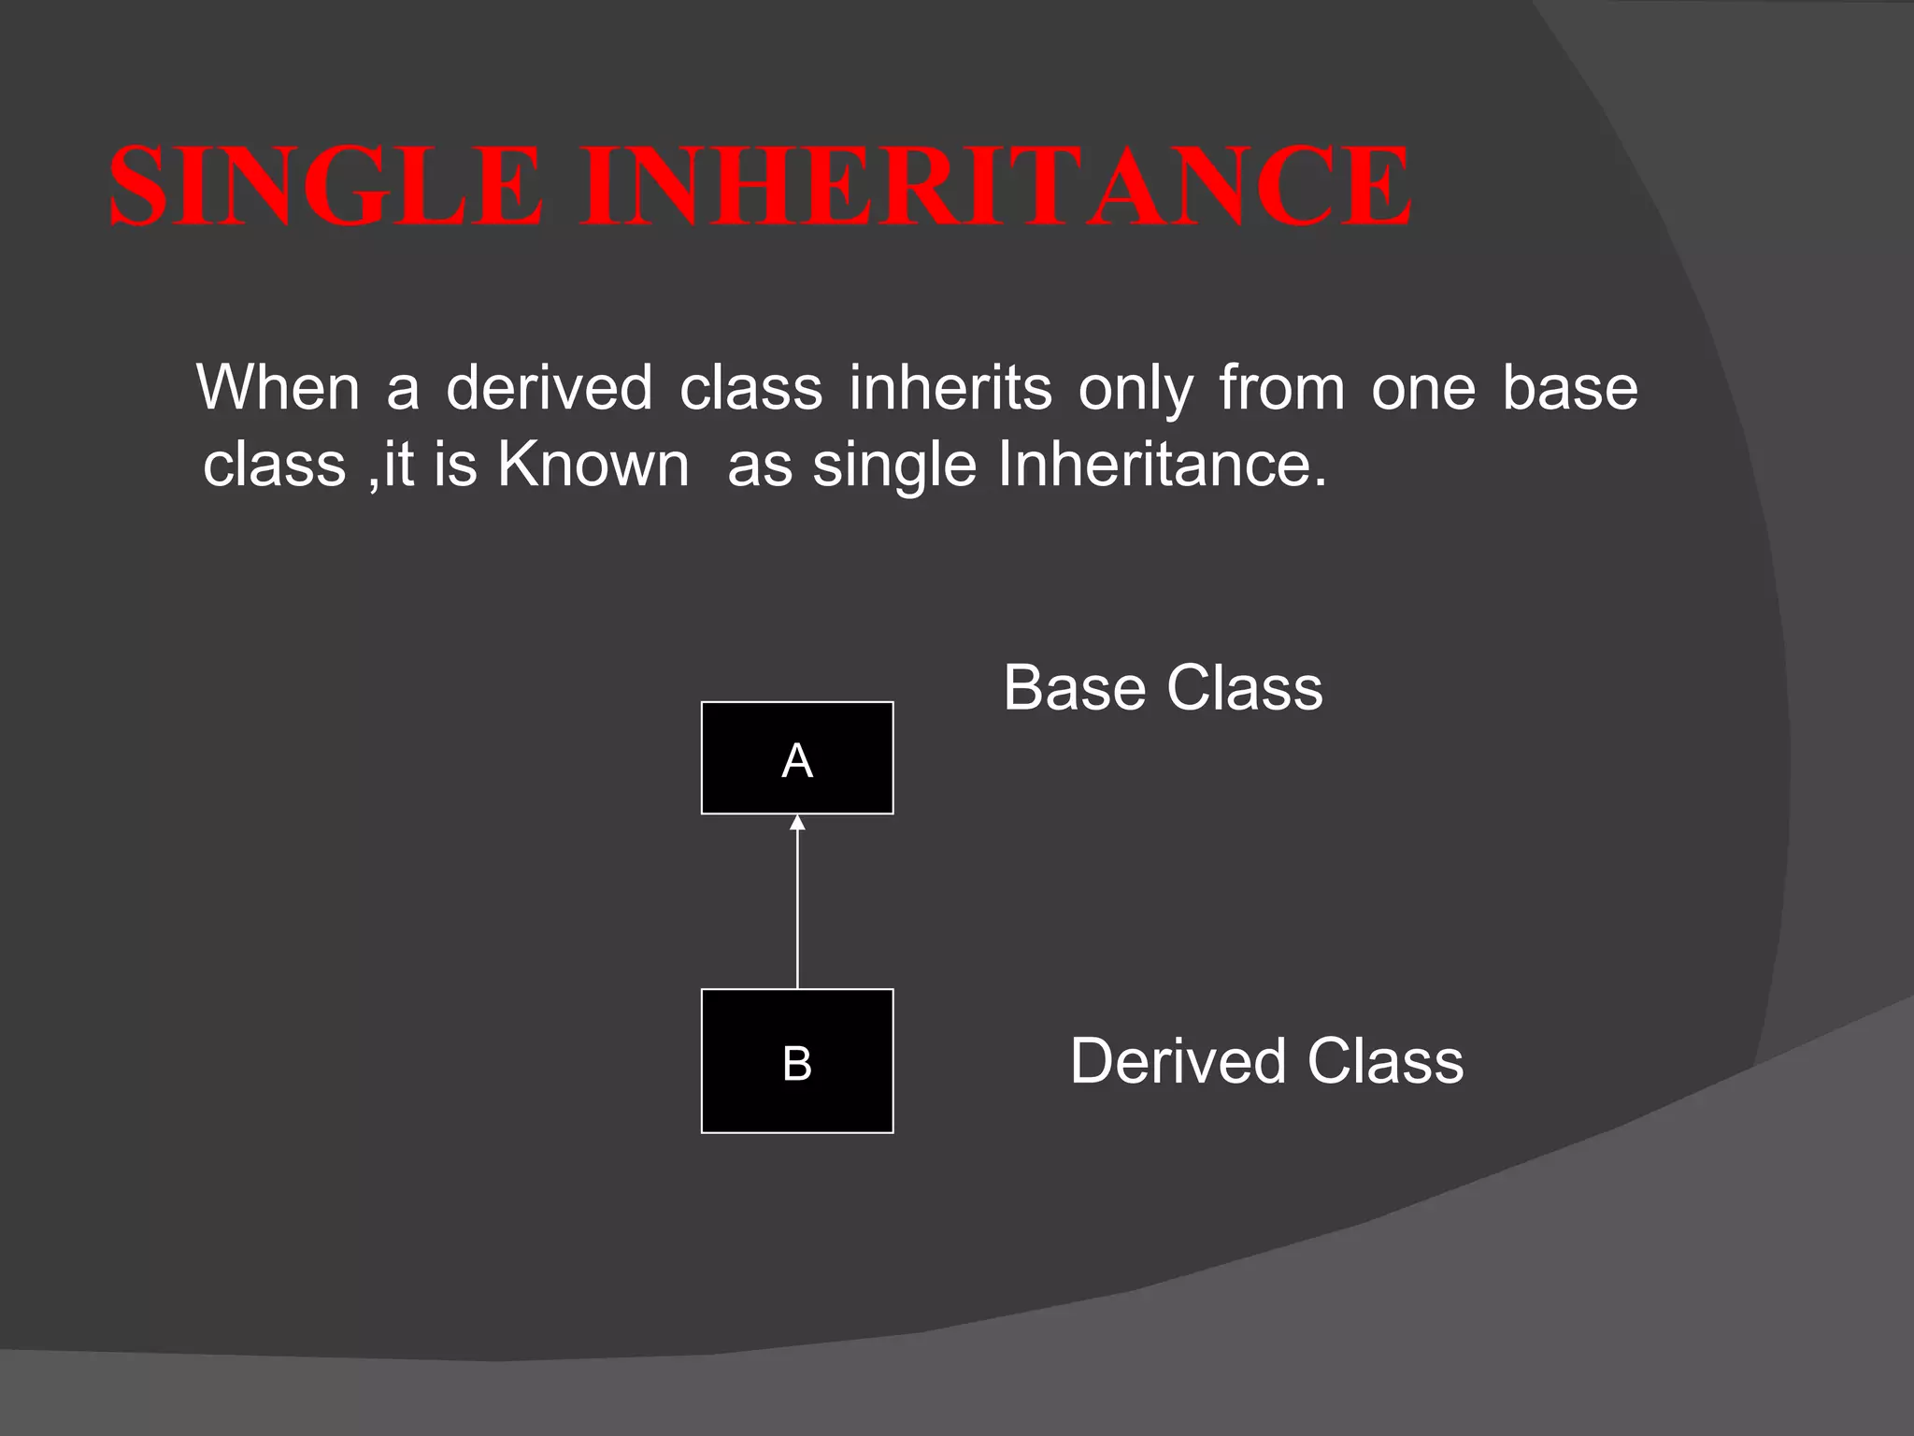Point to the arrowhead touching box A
[797, 823]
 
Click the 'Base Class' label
[1163, 688]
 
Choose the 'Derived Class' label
[1266, 1061]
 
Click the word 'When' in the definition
[278, 387]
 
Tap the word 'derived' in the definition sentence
[549, 387]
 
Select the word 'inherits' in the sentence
[950, 387]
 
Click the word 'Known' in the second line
[593, 464]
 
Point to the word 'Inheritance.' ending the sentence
[1162, 464]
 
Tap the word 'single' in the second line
[894, 466]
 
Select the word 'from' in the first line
[1281, 387]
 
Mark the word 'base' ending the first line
[1570, 387]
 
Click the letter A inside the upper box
[797, 761]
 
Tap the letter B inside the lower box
[797, 1064]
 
